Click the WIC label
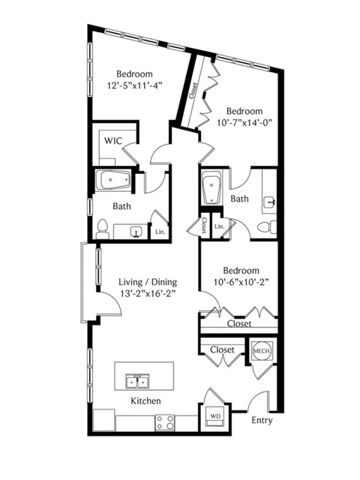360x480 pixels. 113,141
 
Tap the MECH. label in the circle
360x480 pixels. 262,351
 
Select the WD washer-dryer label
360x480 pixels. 215,416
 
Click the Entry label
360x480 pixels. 262,421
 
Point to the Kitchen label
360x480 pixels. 145,401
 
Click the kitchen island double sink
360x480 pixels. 137,381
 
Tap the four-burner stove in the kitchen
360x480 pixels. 164,422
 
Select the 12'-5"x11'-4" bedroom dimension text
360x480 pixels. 134,85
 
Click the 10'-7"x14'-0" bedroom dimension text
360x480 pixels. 244,122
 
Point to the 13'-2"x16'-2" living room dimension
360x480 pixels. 148,293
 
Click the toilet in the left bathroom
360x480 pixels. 102,229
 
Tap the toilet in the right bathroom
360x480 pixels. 266,227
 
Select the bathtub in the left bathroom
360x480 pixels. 113,180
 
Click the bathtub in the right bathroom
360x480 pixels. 211,189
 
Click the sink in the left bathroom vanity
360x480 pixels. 136,232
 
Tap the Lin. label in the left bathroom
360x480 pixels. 160,232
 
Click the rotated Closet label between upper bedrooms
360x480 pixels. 193,91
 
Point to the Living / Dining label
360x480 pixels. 148,282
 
